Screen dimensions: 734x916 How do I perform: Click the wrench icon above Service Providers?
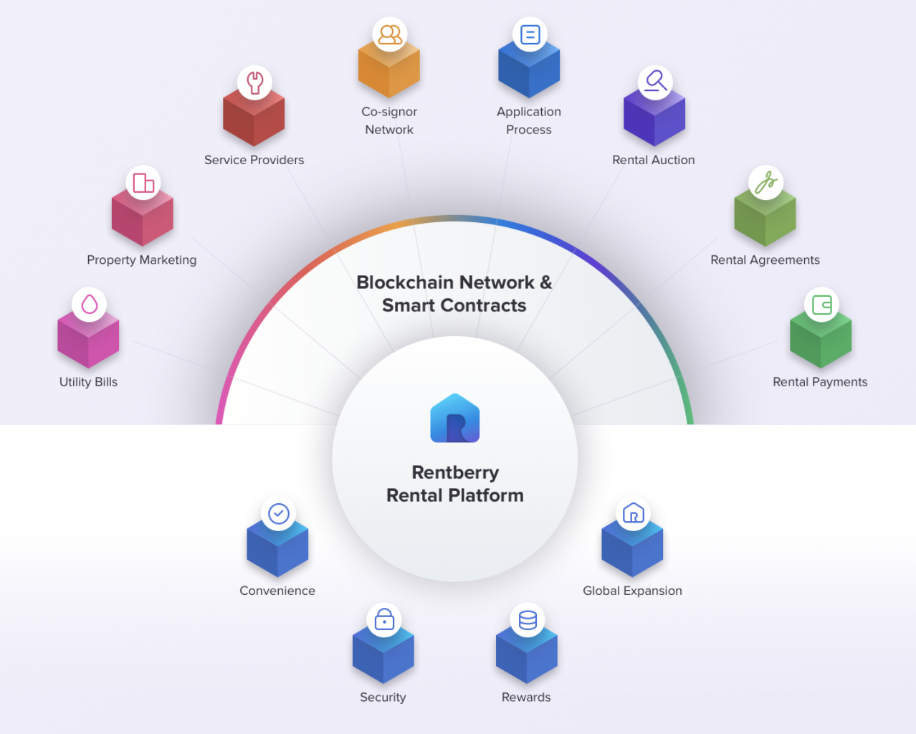[254, 82]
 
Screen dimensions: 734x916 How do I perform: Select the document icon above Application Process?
[530, 34]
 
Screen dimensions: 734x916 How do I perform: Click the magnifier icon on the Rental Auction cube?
[655, 82]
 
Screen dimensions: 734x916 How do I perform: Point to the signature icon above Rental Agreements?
[765, 183]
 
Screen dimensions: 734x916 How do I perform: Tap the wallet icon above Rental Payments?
[821, 305]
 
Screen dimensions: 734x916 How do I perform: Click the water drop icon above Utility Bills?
[90, 305]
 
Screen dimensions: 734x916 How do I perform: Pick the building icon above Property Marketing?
[143, 183]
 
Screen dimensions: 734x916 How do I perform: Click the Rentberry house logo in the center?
[455, 419]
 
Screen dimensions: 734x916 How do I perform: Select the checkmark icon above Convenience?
[278, 513]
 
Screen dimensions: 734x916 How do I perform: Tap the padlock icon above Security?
[384, 620]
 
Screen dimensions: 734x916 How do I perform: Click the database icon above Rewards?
[528, 620]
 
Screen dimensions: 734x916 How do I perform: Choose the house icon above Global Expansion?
[634, 513]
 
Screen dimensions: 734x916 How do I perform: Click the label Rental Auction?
[653, 160]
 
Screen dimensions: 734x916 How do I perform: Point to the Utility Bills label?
[88, 382]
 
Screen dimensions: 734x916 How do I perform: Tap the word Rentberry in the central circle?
[455, 472]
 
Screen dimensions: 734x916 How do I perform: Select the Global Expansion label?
[632, 591]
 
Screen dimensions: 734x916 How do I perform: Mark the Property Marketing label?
[141, 259]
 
